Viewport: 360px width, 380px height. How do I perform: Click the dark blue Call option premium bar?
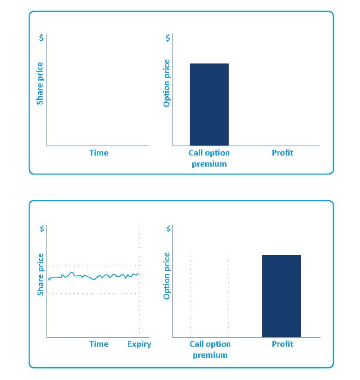click(209, 104)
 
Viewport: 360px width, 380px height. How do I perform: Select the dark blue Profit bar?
click(281, 296)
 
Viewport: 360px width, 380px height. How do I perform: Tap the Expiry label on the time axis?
click(139, 344)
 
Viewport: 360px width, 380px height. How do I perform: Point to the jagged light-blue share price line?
click(93, 277)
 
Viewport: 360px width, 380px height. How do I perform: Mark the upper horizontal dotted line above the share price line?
click(93, 266)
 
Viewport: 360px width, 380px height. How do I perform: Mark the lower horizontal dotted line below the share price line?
click(93, 293)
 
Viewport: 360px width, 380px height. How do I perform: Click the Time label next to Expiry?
click(99, 344)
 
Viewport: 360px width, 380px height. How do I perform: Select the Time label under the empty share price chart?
click(99, 153)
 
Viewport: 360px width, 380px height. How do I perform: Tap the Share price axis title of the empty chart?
click(40, 83)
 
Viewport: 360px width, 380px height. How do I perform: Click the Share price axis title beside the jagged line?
click(40, 274)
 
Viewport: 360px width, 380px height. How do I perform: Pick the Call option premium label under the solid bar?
click(209, 158)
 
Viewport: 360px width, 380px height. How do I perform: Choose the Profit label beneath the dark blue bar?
click(282, 344)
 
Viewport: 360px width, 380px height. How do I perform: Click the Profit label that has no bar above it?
click(282, 153)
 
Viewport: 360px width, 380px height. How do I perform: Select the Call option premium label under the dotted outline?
click(210, 349)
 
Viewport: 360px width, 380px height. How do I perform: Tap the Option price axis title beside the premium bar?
click(167, 83)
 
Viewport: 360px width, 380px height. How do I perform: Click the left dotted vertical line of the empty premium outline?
click(190, 296)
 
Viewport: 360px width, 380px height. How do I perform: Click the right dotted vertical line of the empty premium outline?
click(228, 296)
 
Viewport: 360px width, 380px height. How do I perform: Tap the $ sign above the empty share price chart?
click(41, 38)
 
